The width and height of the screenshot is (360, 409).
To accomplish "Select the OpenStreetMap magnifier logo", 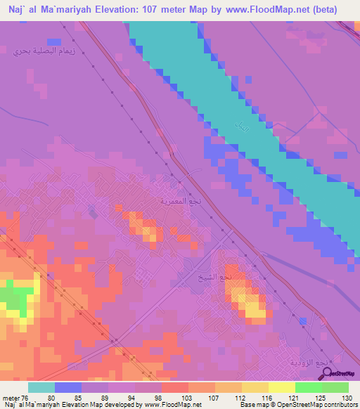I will pyautogui.click(x=325, y=373).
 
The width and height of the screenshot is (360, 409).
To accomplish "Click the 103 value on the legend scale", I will pyautogui.click(x=186, y=397).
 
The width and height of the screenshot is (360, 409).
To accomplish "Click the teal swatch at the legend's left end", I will pyautogui.click(x=41, y=387).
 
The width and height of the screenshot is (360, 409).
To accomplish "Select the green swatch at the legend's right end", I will pyautogui.click(x=335, y=387).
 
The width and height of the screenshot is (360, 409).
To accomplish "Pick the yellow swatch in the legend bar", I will pyautogui.click(x=282, y=387).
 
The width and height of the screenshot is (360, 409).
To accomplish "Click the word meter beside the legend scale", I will pyautogui.click(x=11, y=397).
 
